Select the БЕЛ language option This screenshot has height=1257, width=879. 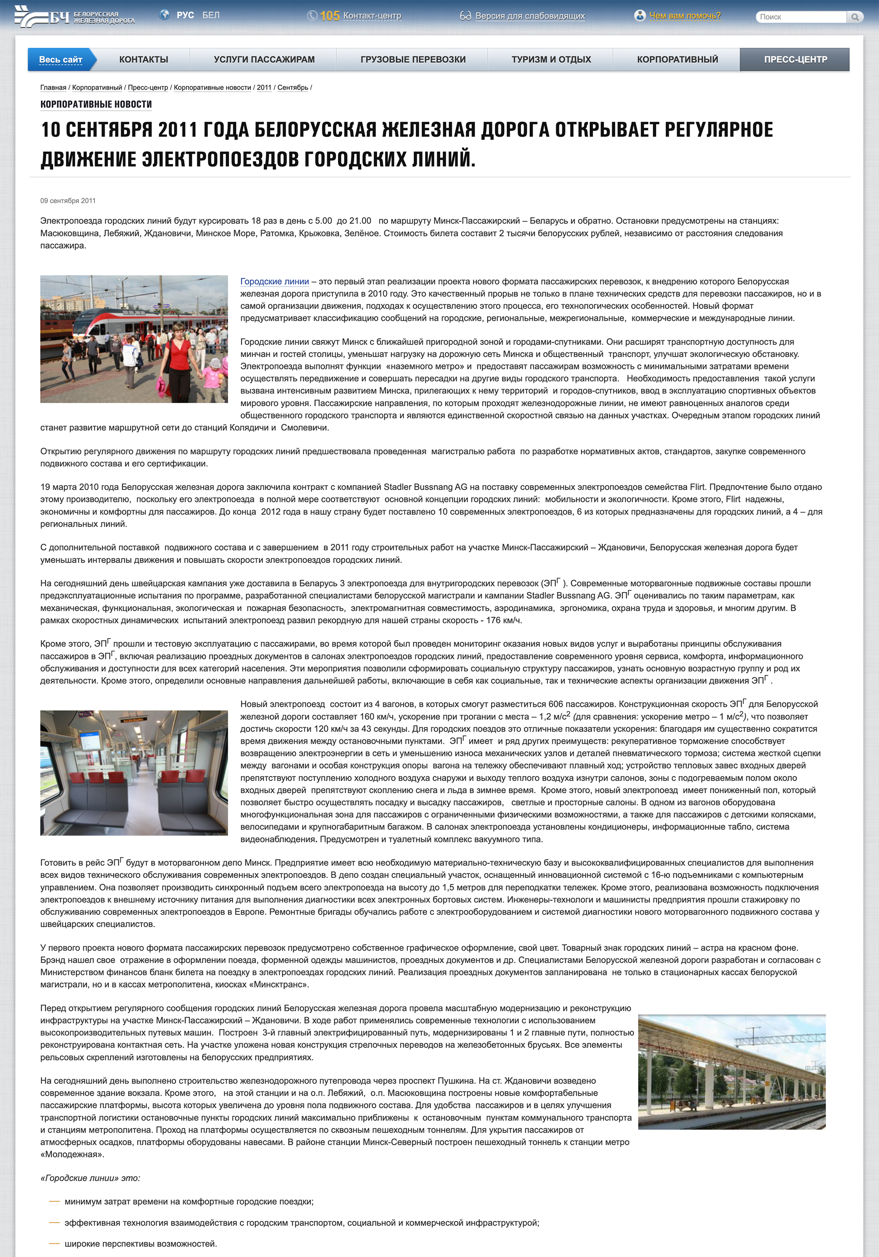pos(211,16)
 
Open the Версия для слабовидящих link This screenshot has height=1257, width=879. pos(529,16)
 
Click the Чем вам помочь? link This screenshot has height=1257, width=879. pos(684,16)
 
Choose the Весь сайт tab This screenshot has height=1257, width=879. pos(61,59)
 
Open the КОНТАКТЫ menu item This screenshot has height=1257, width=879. pos(143,59)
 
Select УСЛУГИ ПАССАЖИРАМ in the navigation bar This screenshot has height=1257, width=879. pos(264,59)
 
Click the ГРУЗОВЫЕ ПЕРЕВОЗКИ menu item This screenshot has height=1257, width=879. pos(412,59)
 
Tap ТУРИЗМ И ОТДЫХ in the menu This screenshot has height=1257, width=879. pos(551,59)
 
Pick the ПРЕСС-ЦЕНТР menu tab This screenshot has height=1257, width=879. pos(795,59)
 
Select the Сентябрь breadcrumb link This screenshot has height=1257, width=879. pos(292,88)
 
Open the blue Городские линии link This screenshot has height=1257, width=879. pos(274,282)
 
